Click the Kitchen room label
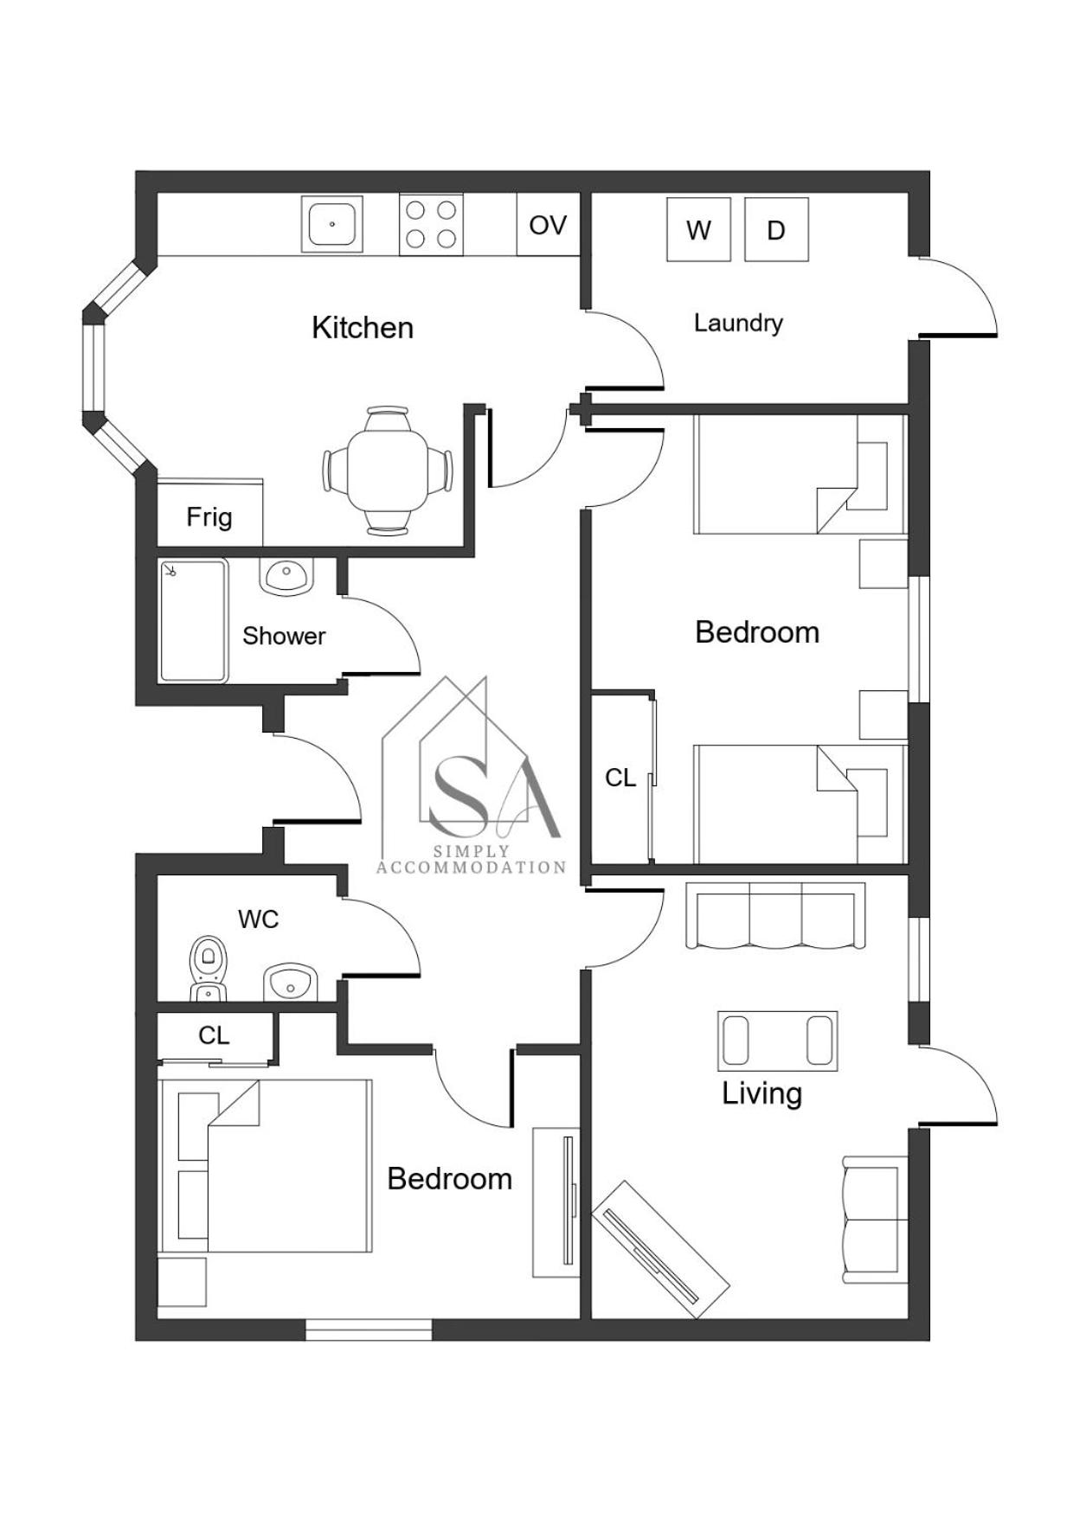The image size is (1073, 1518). pyautogui.click(x=363, y=328)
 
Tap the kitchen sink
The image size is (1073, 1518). pyautogui.click(x=332, y=224)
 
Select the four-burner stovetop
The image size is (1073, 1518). pyautogui.click(x=431, y=224)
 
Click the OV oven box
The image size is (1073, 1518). pyautogui.click(x=548, y=225)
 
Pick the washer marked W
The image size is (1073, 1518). pyautogui.click(x=698, y=229)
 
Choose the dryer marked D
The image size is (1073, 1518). pyautogui.click(x=776, y=229)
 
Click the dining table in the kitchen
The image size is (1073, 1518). pyautogui.click(x=388, y=471)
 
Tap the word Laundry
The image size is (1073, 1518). pyautogui.click(x=738, y=323)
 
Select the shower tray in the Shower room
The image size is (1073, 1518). pyautogui.click(x=194, y=620)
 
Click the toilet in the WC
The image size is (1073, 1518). pyautogui.click(x=208, y=968)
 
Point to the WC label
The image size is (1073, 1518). pyautogui.click(x=258, y=919)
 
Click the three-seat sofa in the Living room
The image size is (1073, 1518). pyautogui.click(x=775, y=915)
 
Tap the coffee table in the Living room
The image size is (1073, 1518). pyautogui.click(x=778, y=1041)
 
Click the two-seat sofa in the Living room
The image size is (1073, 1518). pyautogui.click(x=875, y=1220)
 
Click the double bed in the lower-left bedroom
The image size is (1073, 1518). pyautogui.click(x=265, y=1165)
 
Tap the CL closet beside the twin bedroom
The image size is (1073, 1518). pyautogui.click(x=621, y=778)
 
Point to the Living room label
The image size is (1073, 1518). pyautogui.click(x=762, y=1094)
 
